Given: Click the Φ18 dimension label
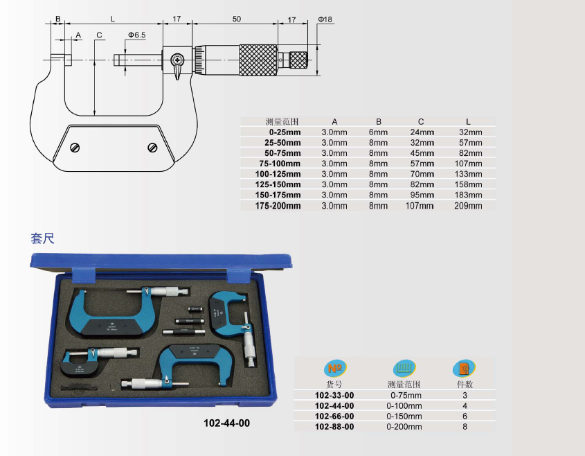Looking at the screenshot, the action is (325, 19).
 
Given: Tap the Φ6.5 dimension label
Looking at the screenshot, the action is (137, 35).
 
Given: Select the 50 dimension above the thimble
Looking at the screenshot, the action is (237, 19).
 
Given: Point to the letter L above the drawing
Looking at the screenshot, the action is (113, 19).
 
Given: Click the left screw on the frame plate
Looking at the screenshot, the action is (75, 148).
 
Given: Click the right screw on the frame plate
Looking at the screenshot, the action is (152, 148).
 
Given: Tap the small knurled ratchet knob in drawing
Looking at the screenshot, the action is (298, 60).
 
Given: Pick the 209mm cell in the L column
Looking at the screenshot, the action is (468, 206).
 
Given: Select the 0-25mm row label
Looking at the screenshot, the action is (285, 132).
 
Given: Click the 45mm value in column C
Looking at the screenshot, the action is (422, 153).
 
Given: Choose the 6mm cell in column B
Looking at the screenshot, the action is (378, 132).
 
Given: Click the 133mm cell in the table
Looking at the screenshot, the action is (468, 174).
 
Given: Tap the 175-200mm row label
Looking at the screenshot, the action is (278, 206).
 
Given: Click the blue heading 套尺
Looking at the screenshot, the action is (42, 238).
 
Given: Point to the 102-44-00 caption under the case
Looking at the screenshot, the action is (227, 423).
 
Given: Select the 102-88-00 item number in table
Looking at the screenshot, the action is (334, 427).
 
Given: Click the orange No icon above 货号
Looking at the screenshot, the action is (335, 369).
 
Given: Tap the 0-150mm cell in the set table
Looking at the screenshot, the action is (404, 416).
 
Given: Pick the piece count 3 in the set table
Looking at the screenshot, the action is (465, 396).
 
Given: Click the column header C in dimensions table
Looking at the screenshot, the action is (421, 122).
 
